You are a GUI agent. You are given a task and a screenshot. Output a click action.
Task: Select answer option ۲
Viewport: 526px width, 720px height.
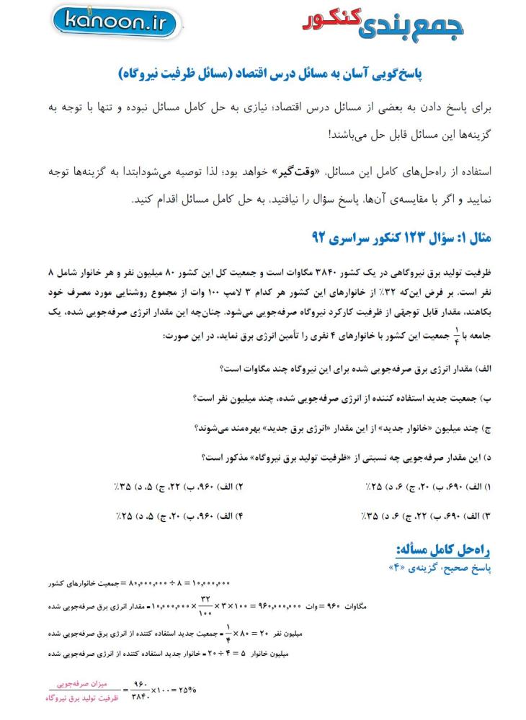(177, 487)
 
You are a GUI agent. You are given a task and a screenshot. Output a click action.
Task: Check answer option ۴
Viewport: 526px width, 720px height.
(177, 516)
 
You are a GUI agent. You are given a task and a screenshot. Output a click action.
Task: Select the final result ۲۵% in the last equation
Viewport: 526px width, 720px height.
(186, 689)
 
